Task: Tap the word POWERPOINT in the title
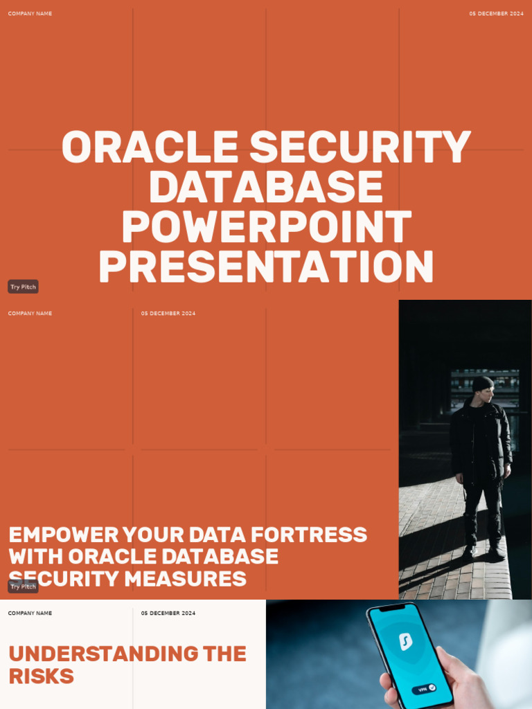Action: [267, 227]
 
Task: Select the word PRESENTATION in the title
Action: [267, 267]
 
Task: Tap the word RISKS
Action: [41, 676]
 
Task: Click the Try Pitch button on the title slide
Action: [23, 287]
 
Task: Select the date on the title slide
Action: [496, 14]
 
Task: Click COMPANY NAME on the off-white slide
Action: [30, 613]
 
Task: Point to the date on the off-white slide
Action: [168, 613]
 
